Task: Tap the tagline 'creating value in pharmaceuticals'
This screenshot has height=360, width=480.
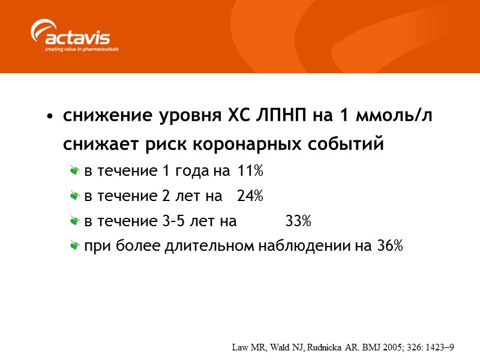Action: [x=82, y=49]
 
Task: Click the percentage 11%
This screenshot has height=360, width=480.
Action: [x=250, y=172]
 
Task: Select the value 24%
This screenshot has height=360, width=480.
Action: [x=250, y=196]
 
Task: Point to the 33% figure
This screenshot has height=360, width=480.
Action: [x=298, y=221]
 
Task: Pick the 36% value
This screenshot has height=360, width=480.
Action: [x=390, y=246]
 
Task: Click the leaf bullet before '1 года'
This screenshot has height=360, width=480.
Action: [x=75, y=172]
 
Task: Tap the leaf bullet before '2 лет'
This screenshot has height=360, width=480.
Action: [x=75, y=196]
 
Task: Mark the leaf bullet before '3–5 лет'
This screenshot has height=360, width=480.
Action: [x=75, y=221]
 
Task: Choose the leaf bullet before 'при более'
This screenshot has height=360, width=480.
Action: [x=75, y=246]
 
